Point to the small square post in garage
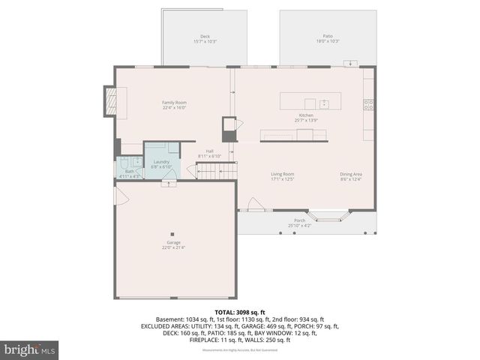click(173, 232)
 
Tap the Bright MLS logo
click(30, 349)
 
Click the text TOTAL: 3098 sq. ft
click(239, 312)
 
